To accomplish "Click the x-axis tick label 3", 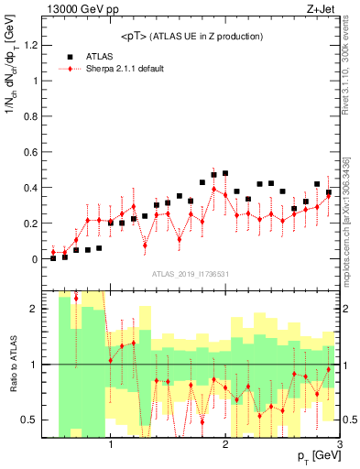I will [340, 445].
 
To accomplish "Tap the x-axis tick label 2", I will [225, 445].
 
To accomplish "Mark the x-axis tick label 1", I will [111, 445].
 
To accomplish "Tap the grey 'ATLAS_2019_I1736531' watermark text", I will [191, 274].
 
